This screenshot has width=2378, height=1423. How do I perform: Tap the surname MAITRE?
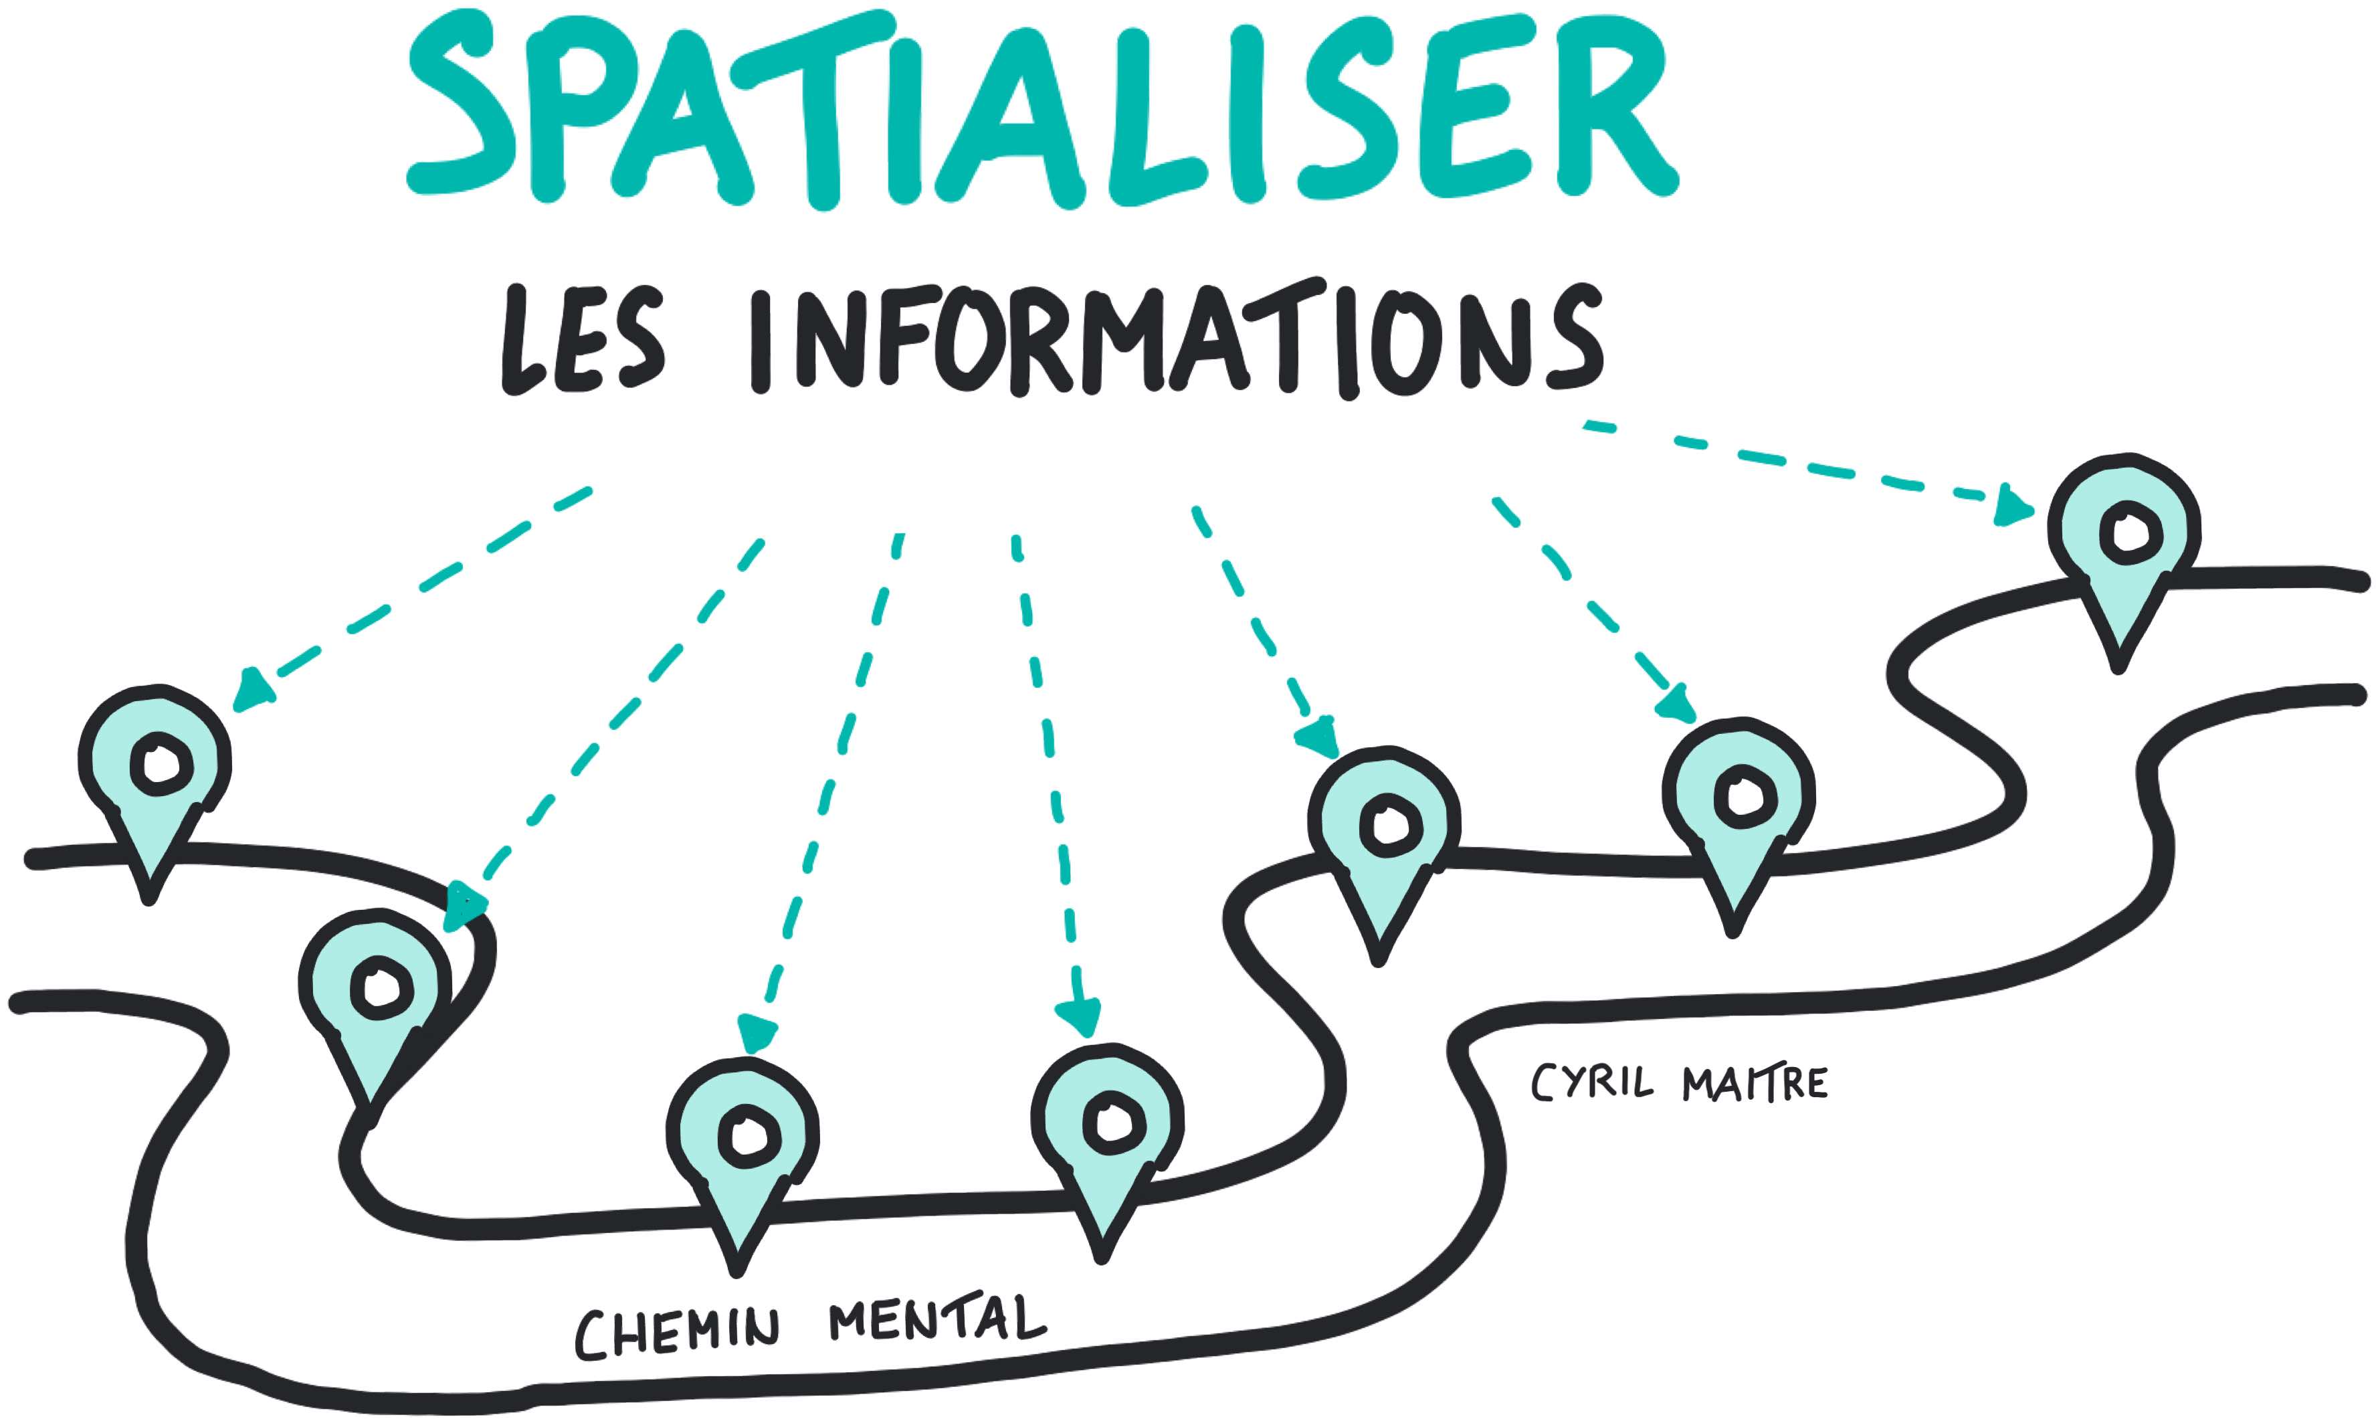tap(1753, 1084)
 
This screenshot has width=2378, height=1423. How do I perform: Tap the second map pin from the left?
tap(375, 998)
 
